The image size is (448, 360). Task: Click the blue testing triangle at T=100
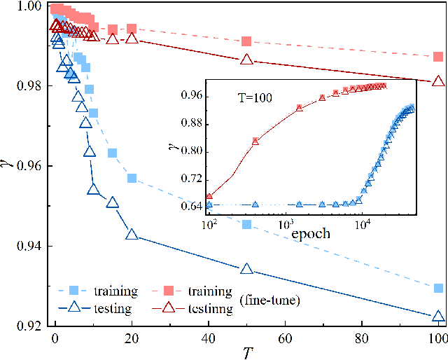click(x=438, y=317)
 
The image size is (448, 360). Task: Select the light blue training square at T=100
click(x=438, y=289)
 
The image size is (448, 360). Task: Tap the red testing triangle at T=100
click(x=438, y=81)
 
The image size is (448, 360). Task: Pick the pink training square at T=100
click(x=438, y=57)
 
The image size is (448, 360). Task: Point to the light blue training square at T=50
click(x=246, y=224)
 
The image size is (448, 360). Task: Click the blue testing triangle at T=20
click(x=132, y=235)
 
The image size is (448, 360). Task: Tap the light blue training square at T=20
click(x=132, y=178)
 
